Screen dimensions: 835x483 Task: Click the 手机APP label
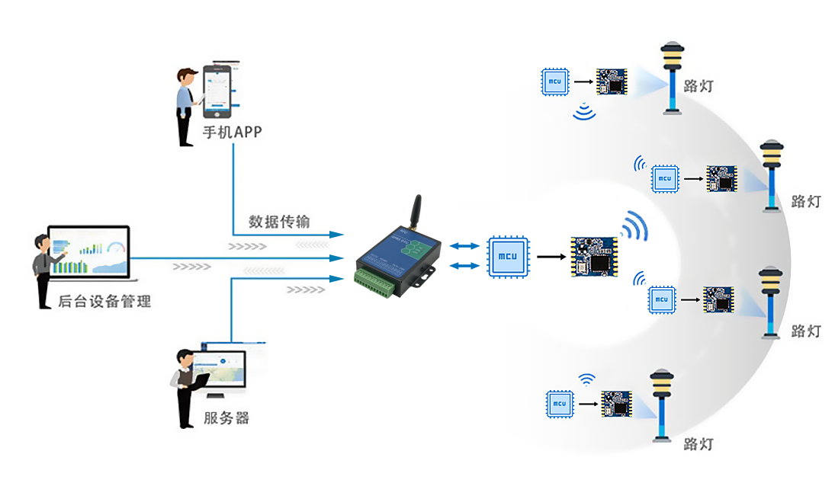tap(232, 132)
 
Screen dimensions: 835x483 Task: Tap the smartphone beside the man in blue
tap(217, 91)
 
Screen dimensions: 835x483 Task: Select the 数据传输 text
tap(279, 221)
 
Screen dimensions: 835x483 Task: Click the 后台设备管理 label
tap(104, 302)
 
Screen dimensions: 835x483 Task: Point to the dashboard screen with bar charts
tap(89, 251)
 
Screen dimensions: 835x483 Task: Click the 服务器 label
tap(226, 417)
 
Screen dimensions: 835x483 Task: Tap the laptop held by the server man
tap(200, 382)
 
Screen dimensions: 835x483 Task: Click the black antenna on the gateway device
tap(416, 212)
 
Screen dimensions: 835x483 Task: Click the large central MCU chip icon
tap(508, 257)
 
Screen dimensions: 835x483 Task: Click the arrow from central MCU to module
tap(551, 257)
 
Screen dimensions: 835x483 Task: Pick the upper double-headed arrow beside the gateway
tap(464, 246)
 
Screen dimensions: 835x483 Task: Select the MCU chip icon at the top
tap(555, 82)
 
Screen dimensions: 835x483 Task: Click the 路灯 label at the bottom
tap(699, 443)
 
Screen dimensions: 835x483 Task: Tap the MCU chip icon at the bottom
tap(560, 404)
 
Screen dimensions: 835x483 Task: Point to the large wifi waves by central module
tap(634, 226)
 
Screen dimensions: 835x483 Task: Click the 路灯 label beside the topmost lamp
tap(699, 86)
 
